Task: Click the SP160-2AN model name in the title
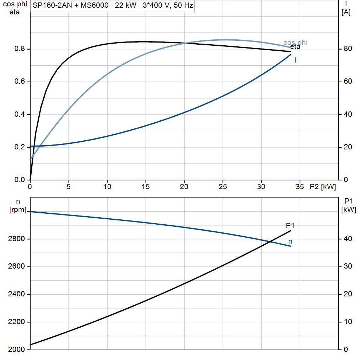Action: [52, 5]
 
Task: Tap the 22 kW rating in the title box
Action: [126, 5]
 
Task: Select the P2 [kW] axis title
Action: [323, 187]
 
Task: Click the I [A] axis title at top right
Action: [346, 8]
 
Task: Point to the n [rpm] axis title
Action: [18, 205]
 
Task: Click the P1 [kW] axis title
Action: [348, 205]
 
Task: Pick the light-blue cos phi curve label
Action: [295, 43]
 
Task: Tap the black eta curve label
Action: [295, 47]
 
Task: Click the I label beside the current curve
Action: [295, 60]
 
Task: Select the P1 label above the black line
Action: [290, 226]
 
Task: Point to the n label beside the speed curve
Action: [290, 242]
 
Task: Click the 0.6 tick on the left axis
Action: [20, 82]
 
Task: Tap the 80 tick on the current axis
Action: [348, 49]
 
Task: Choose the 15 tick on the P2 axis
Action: [146, 187]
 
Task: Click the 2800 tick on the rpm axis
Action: [16, 239]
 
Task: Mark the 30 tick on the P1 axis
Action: [348, 266]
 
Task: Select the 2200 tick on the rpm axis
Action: [16, 322]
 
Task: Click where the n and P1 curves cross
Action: [270, 242]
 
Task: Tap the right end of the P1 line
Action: [291, 231]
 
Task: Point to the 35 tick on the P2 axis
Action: [300, 187]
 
